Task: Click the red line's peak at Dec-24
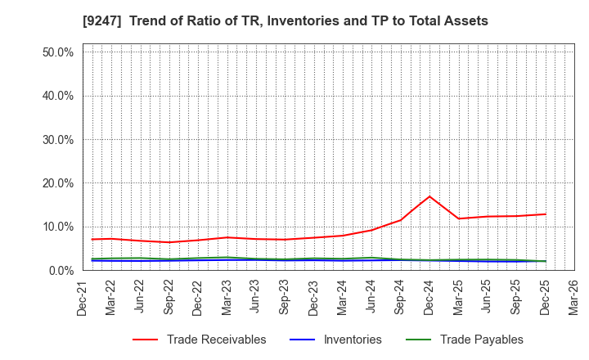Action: pyautogui.click(x=429, y=196)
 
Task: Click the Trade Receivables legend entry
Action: pyautogui.click(x=216, y=340)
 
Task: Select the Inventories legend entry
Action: pyautogui.click(x=351, y=340)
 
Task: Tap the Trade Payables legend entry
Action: pyautogui.click(x=481, y=340)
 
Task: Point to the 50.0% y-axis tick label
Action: pyautogui.click(x=57, y=52)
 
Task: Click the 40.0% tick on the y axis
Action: pyautogui.click(x=57, y=96)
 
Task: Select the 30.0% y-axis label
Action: pyautogui.click(x=57, y=139)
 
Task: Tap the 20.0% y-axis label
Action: pyautogui.click(x=57, y=183)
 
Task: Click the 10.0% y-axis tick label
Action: pyautogui.click(x=57, y=227)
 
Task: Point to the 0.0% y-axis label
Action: pyautogui.click(x=61, y=270)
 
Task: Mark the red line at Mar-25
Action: pyautogui.click(x=458, y=218)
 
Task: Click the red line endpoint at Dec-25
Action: pyautogui.click(x=545, y=214)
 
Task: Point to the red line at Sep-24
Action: pyautogui.click(x=400, y=220)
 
